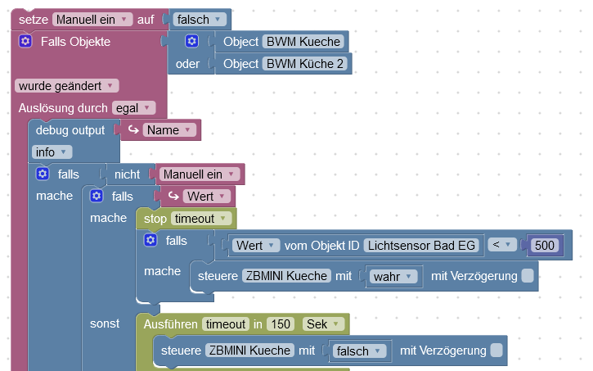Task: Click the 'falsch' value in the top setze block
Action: tap(199, 18)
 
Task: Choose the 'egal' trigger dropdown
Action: tap(133, 107)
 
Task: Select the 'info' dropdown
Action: tap(52, 152)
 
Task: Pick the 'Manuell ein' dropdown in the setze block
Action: tap(92, 18)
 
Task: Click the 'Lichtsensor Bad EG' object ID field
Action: tap(420, 245)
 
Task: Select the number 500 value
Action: tap(543, 245)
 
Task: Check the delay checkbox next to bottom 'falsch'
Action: tap(496, 351)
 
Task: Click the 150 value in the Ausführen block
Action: tap(281, 323)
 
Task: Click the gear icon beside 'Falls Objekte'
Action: tap(25, 41)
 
